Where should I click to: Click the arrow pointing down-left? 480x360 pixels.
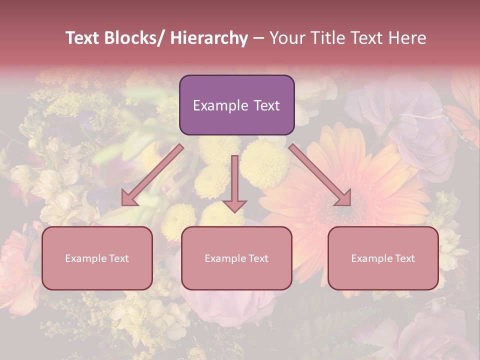tap(153, 174)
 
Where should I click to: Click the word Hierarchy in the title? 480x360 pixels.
tap(209, 38)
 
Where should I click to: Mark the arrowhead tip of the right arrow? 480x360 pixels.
tap(350, 204)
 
